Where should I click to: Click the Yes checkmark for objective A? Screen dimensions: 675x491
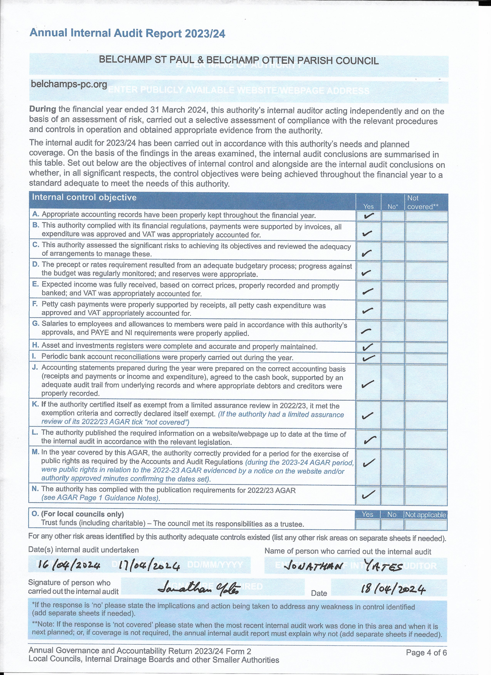tap(368, 216)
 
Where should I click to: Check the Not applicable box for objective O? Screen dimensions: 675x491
tap(426, 524)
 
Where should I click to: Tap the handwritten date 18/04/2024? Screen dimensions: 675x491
tap(393, 588)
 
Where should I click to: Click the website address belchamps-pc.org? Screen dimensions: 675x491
tap(69, 84)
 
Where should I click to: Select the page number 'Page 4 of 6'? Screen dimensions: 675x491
tap(426, 653)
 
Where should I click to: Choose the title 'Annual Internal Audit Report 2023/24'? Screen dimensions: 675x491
tap(127, 33)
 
